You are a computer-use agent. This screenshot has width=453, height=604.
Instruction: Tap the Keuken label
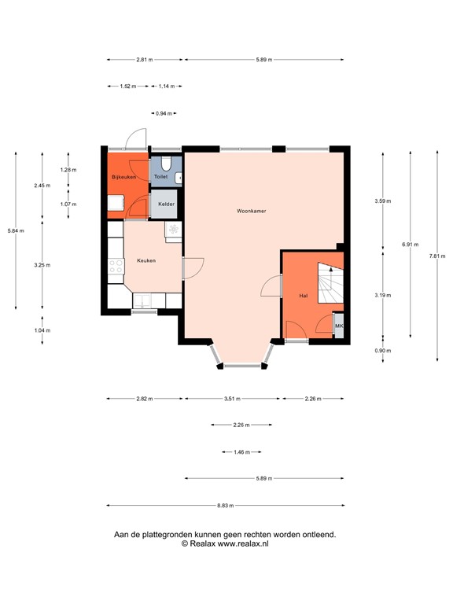coord(146,260)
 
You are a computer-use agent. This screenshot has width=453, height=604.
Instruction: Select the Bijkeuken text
coord(124,177)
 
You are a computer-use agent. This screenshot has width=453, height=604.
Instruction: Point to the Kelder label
coord(166,204)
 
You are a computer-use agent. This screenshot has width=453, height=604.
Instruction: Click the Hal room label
coord(303,295)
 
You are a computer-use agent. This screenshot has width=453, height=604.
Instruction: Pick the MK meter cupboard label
coord(339,326)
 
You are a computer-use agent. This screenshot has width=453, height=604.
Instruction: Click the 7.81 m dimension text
coord(438,256)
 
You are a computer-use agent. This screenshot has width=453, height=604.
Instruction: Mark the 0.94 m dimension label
coord(164,113)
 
